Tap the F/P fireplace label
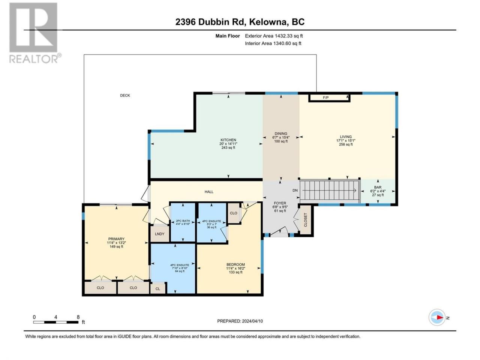(x=325, y=98)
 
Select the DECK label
(x=125, y=95)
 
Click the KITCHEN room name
(x=228, y=140)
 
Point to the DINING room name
(x=281, y=133)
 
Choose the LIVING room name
(x=346, y=136)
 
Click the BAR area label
(x=378, y=187)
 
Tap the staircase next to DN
(x=330, y=190)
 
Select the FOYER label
(x=280, y=203)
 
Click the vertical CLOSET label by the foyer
(x=306, y=220)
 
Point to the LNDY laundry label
(x=159, y=234)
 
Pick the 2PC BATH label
(x=183, y=221)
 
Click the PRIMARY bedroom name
(x=116, y=239)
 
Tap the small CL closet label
(x=157, y=289)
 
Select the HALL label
(x=209, y=192)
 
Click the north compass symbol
(x=437, y=317)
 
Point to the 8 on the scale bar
(x=78, y=317)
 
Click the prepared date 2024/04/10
(x=252, y=321)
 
